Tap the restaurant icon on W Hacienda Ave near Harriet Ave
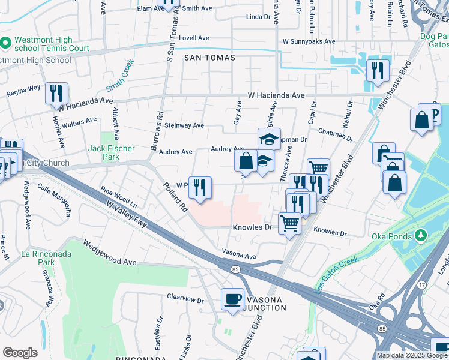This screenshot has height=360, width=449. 56,93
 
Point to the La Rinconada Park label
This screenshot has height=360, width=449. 47,258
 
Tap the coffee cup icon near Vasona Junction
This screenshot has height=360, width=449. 232,298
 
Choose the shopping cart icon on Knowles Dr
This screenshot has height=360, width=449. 290,223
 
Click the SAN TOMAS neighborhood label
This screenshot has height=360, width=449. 209,58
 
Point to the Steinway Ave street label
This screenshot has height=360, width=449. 185,126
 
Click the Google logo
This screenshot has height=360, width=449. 20,353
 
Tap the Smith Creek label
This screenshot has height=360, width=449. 122,73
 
